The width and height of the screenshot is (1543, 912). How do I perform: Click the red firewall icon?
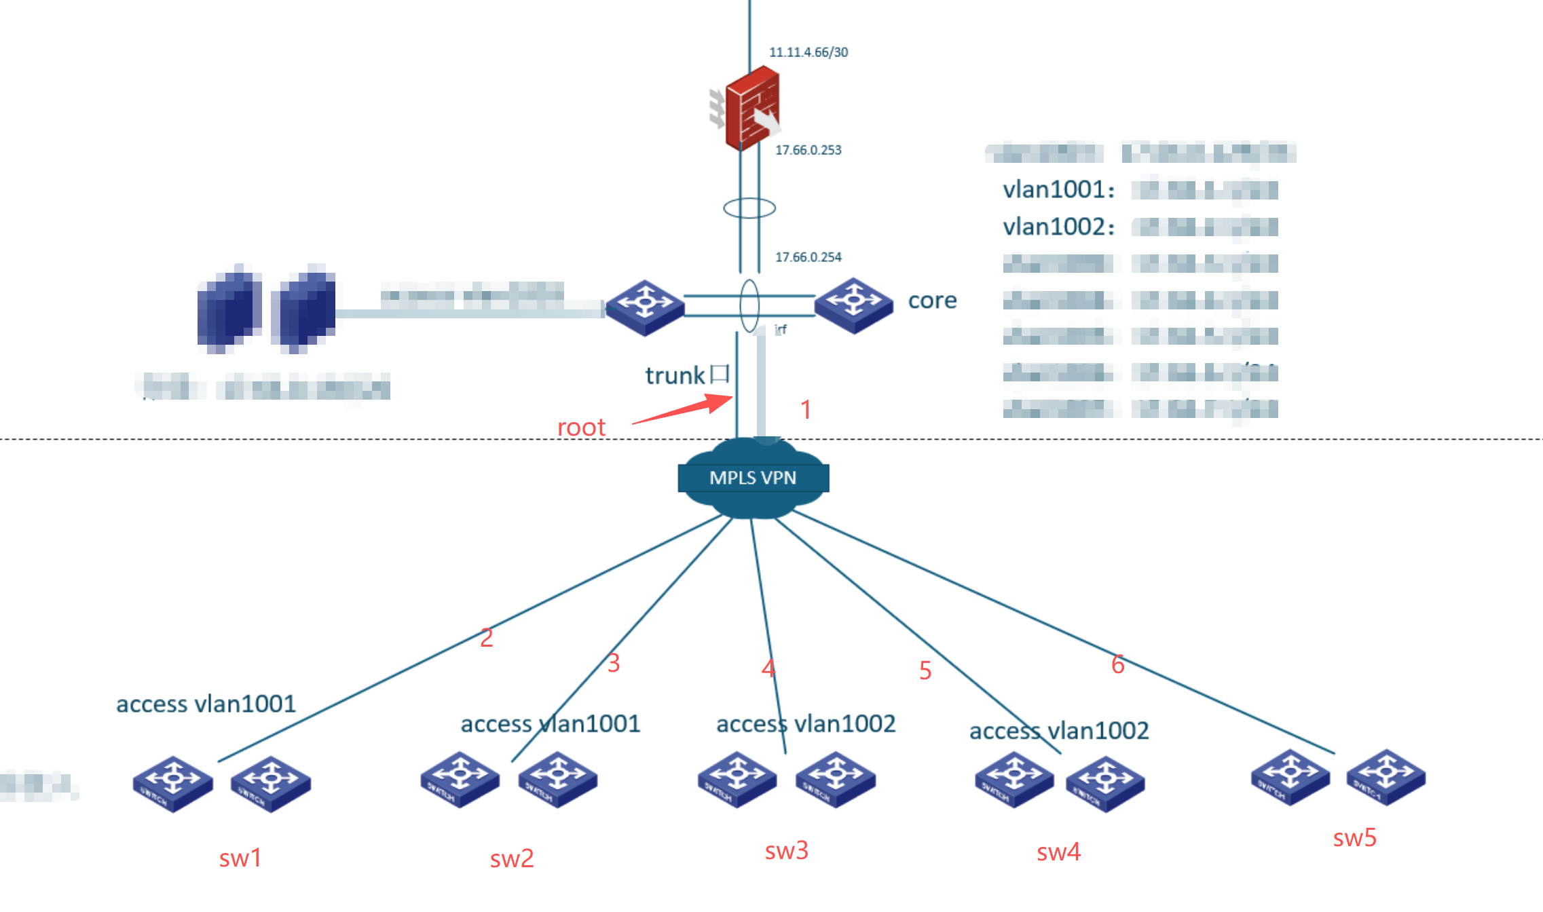751,108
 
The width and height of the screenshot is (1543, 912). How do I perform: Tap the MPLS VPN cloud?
753,478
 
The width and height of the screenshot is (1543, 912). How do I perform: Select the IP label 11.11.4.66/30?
808,52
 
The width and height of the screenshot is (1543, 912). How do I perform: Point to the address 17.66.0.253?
808,150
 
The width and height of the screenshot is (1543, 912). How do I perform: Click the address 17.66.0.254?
808,257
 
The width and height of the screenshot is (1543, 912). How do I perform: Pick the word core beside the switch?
932,301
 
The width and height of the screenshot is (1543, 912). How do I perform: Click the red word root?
581,427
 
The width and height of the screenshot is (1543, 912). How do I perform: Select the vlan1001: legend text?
1058,190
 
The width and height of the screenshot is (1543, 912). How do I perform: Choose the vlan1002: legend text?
1058,227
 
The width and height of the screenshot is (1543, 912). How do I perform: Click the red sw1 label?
240,858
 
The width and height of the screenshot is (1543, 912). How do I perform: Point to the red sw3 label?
786,851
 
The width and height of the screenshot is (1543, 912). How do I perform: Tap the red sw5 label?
1354,838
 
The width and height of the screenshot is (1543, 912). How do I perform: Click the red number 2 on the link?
486,638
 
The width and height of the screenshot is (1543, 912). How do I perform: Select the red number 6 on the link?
1117,664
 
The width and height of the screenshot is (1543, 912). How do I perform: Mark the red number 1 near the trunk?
806,410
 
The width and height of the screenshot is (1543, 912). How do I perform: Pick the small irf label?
781,330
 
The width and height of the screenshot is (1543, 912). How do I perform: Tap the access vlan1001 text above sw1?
206,704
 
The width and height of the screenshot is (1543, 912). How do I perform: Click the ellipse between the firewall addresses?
749,208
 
